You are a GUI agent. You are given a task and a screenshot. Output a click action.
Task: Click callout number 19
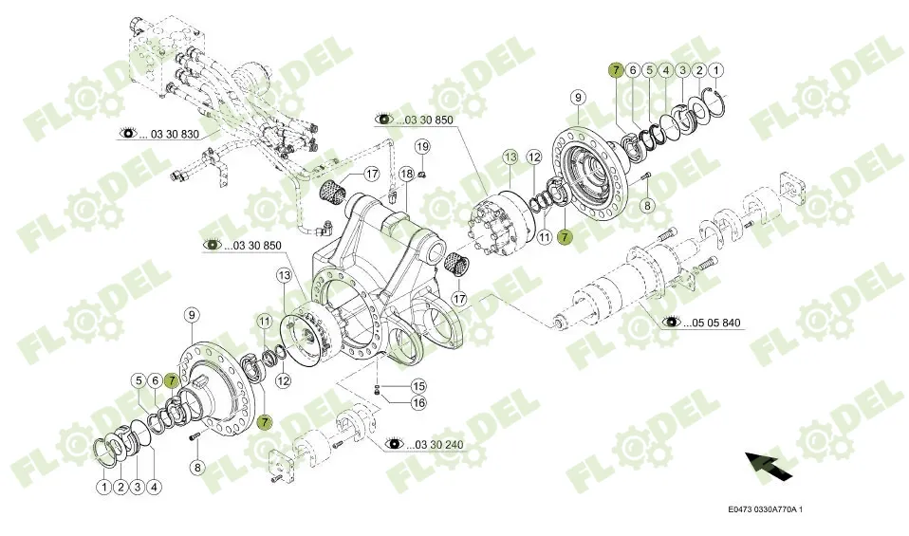click(422, 146)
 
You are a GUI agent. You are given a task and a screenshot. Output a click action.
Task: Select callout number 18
click(406, 174)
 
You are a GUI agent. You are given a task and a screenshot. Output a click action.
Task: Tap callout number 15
click(417, 385)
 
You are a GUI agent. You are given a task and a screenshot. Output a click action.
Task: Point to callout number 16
click(417, 402)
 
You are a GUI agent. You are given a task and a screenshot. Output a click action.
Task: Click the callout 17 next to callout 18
click(371, 174)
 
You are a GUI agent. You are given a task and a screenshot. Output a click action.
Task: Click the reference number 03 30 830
click(175, 134)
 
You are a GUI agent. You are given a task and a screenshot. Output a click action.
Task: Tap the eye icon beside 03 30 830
click(128, 134)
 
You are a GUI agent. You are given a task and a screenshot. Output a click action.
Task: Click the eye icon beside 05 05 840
click(672, 323)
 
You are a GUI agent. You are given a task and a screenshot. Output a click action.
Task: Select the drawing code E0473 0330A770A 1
click(765, 509)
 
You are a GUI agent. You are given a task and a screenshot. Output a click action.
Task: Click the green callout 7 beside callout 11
click(566, 237)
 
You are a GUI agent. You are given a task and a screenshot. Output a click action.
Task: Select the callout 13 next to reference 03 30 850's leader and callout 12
click(510, 157)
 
